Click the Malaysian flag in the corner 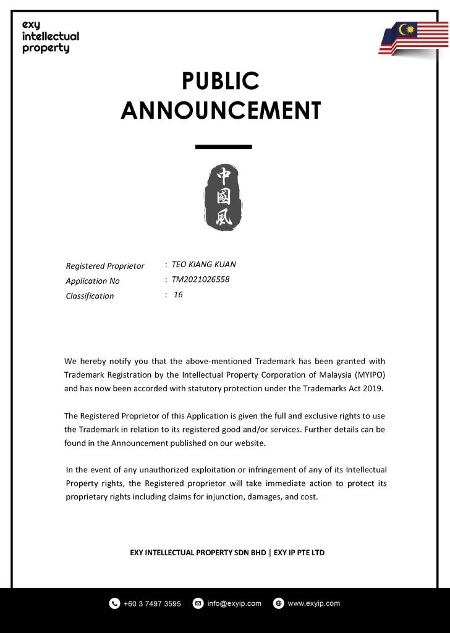pyautogui.click(x=415, y=39)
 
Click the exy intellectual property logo pyautogui.click(x=50, y=36)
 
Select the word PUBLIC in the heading pyautogui.click(x=221, y=81)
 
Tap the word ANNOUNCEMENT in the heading pyautogui.click(x=221, y=110)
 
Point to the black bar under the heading pyautogui.click(x=223, y=147)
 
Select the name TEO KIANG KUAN pyautogui.click(x=204, y=265)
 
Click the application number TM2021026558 pyautogui.click(x=200, y=279)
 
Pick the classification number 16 pyautogui.click(x=178, y=295)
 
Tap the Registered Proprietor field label pyautogui.click(x=105, y=266)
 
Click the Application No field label pyautogui.click(x=93, y=281)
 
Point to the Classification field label pyautogui.click(x=90, y=295)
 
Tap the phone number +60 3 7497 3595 pyautogui.click(x=152, y=603)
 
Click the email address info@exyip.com pyautogui.click(x=234, y=603)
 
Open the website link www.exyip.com pyautogui.click(x=313, y=603)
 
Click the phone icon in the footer pyautogui.click(x=114, y=603)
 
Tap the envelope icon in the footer pyautogui.click(x=198, y=603)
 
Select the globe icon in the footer pyautogui.click(x=278, y=603)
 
